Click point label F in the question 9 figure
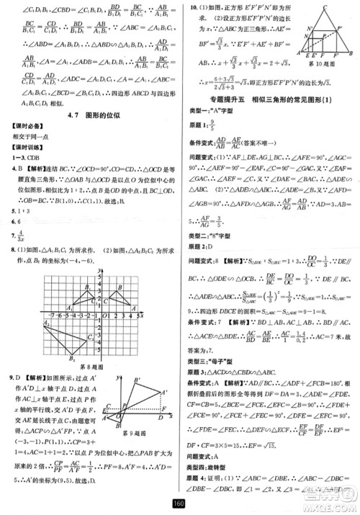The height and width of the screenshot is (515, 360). point(163,408)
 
